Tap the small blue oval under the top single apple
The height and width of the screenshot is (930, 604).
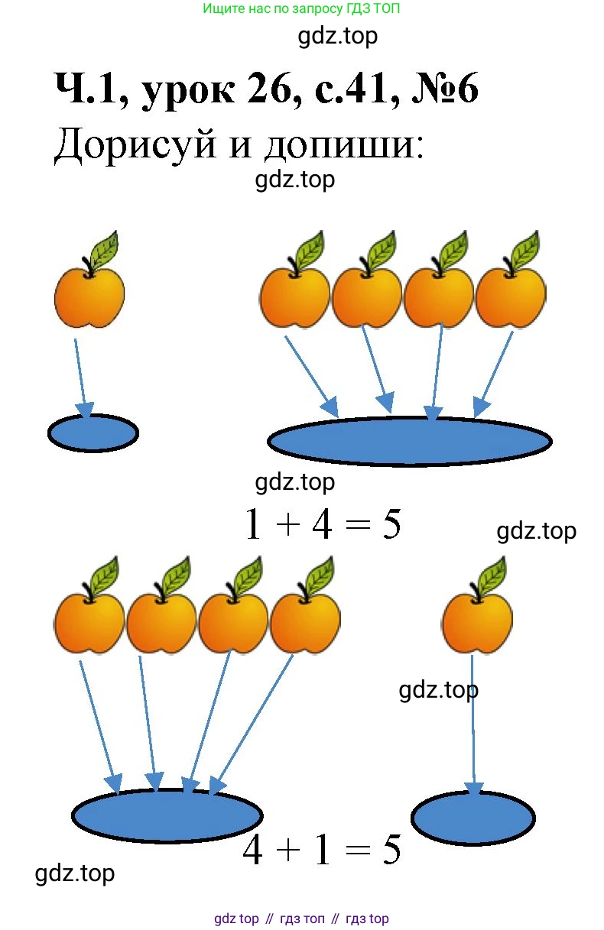click(x=93, y=433)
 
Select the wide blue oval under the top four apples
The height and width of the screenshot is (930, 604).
click(x=409, y=441)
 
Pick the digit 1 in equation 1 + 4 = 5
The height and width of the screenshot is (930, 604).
click(x=253, y=525)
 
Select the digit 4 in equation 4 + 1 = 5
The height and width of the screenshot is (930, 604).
click(x=253, y=850)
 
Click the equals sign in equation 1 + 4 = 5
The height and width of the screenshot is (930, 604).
click(x=356, y=526)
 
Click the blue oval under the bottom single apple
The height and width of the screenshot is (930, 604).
click(x=472, y=818)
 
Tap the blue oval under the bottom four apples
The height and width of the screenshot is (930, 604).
click(x=167, y=815)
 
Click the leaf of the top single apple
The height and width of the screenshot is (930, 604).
click(x=105, y=248)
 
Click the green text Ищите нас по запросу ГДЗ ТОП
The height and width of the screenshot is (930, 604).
click(x=302, y=9)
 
